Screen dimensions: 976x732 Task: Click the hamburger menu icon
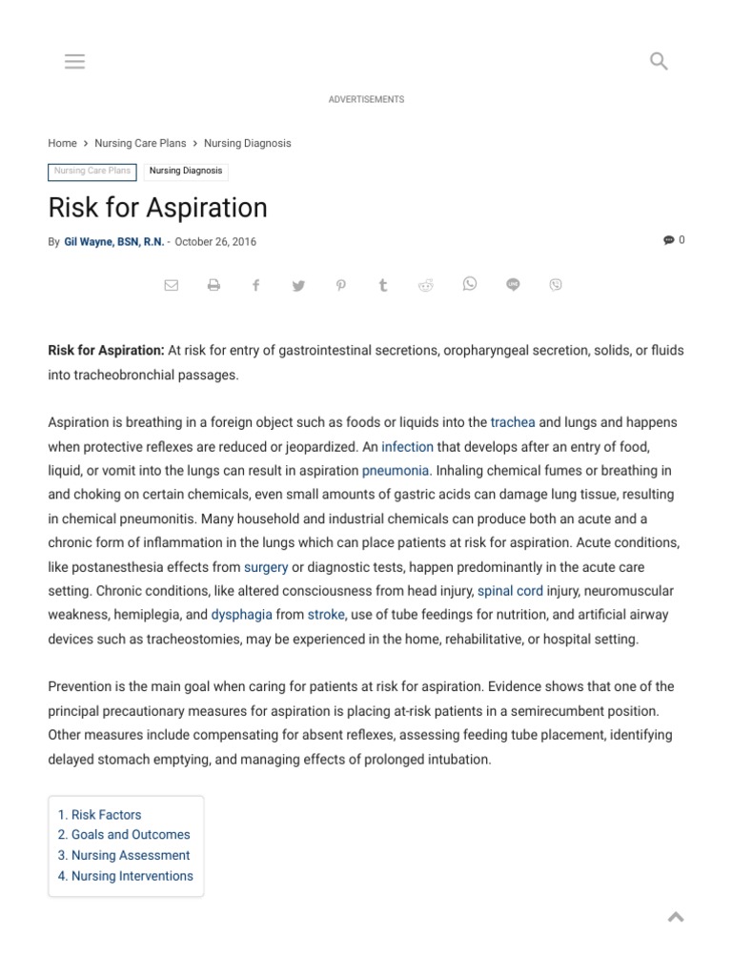pyautogui.click(x=74, y=62)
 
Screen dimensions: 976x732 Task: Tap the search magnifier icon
pyautogui.click(x=659, y=62)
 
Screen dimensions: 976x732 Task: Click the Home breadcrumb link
pyautogui.click(x=62, y=143)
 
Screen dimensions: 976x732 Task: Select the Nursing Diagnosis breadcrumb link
pyautogui.click(x=247, y=143)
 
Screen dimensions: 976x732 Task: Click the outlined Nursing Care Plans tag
pyautogui.click(x=92, y=172)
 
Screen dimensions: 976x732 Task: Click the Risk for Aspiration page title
pyautogui.click(x=157, y=207)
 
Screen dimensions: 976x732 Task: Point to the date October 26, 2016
pyautogui.click(x=215, y=242)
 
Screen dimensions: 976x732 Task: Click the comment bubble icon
pyautogui.click(x=668, y=240)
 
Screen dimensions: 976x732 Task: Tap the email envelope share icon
pyautogui.click(x=172, y=285)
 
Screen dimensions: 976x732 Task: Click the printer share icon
pyautogui.click(x=213, y=285)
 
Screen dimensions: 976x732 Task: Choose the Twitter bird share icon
pyautogui.click(x=298, y=285)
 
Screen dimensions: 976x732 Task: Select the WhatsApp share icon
pyautogui.click(x=469, y=284)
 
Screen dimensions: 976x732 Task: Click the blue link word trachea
pyautogui.click(x=513, y=422)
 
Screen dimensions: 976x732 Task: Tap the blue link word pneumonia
pyautogui.click(x=396, y=471)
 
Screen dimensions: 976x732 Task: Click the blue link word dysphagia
pyautogui.click(x=241, y=616)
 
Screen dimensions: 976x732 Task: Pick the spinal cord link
pyautogui.click(x=510, y=591)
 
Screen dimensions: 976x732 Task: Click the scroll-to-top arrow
pyautogui.click(x=676, y=917)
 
